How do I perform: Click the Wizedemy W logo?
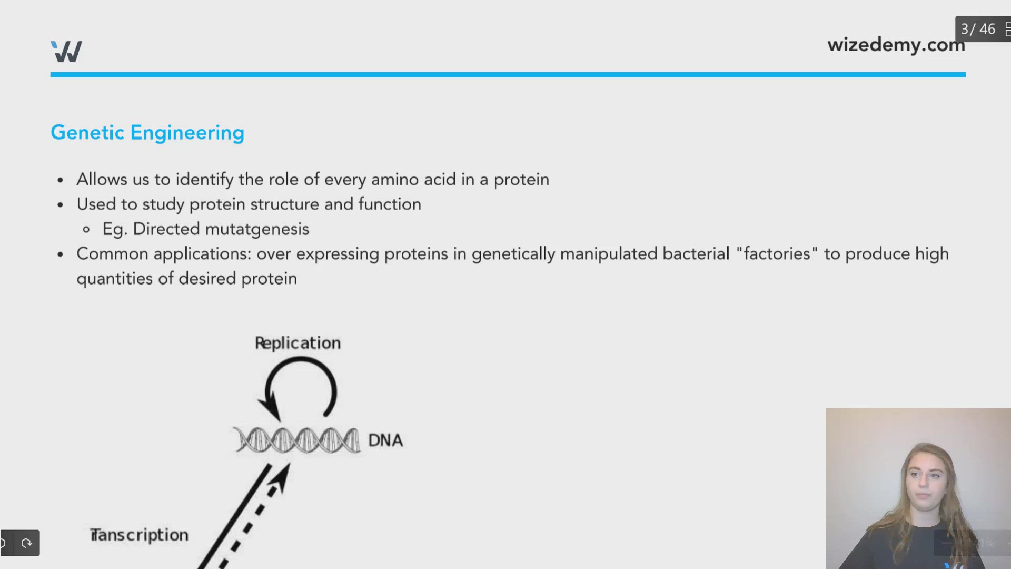click(x=66, y=52)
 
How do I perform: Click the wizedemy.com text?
click(x=895, y=45)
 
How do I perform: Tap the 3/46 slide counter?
click(x=978, y=29)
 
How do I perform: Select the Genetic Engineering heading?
click(x=147, y=133)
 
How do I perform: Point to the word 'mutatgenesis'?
click(x=257, y=229)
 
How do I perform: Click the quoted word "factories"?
click(x=777, y=254)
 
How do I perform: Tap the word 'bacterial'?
click(x=696, y=254)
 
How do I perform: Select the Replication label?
click(x=298, y=343)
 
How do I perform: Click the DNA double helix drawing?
click(x=296, y=440)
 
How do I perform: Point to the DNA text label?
click(x=385, y=440)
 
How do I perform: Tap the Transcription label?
click(x=139, y=535)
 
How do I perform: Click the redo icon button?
click(x=26, y=543)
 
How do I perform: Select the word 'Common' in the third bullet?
click(x=112, y=254)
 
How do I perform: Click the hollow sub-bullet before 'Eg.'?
click(x=86, y=230)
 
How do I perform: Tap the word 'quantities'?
click(x=115, y=279)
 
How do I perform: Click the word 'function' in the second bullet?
click(x=390, y=204)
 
